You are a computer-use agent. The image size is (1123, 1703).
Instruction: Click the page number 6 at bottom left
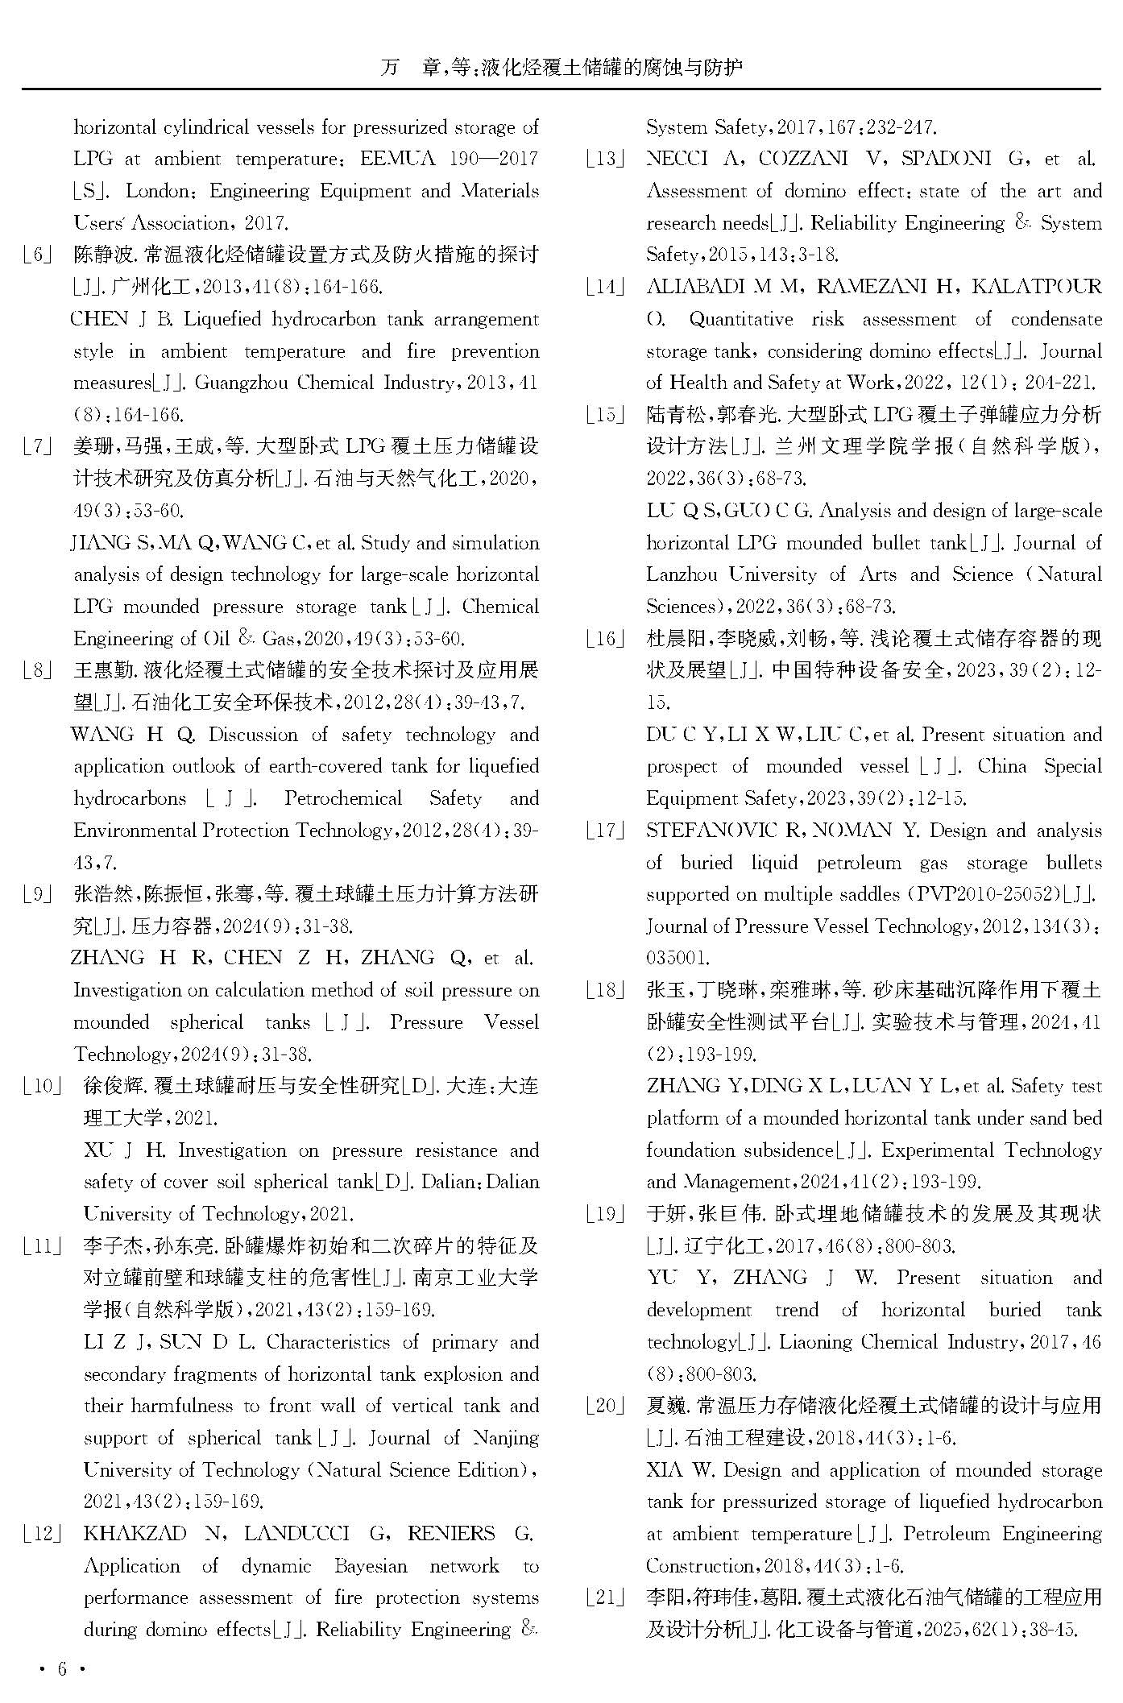tap(60, 1668)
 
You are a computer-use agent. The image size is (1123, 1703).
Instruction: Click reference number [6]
tap(38, 255)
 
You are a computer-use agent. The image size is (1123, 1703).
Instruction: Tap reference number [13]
tap(605, 160)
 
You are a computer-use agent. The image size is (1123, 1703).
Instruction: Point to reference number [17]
tap(605, 831)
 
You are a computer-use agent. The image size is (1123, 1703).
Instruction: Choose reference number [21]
tap(605, 1597)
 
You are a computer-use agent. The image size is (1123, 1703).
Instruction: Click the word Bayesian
tap(370, 1566)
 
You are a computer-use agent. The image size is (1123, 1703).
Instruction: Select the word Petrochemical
tap(342, 799)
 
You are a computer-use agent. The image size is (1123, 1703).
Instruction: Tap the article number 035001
tap(677, 959)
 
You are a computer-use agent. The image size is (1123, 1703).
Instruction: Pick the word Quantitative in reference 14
tap(740, 319)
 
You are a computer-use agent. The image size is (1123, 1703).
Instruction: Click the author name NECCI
tap(677, 160)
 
